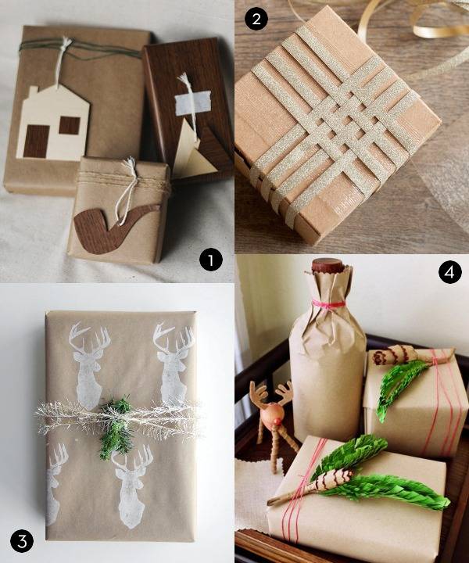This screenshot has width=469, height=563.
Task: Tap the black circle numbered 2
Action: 254,20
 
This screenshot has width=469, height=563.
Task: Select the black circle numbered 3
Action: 21,540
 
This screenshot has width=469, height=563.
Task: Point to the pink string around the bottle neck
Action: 328,303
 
